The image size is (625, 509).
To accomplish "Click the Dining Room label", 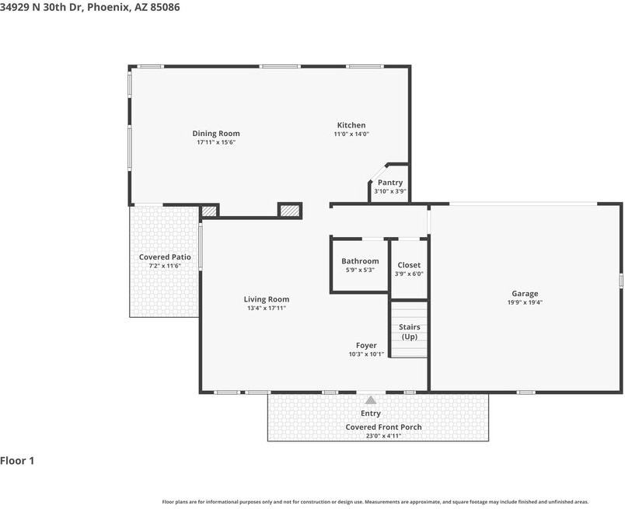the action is (x=216, y=134).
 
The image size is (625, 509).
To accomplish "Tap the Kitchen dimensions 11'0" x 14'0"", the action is (x=351, y=134).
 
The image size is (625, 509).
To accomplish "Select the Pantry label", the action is (x=389, y=183).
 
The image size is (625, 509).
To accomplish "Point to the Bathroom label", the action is (x=360, y=261).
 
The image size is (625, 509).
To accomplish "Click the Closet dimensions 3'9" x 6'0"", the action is (x=409, y=274).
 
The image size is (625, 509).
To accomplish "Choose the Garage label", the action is (x=525, y=294).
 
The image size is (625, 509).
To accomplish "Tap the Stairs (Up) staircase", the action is (x=409, y=329).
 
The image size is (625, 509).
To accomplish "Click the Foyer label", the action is (x=366, y=346).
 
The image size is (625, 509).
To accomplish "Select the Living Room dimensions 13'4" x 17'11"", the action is (x=267, y=308).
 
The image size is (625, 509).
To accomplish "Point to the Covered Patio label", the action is (x=165, y=257).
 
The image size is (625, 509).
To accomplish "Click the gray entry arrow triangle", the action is (x=371, y=399).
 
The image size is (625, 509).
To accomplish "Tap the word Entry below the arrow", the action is (x=371, y=413).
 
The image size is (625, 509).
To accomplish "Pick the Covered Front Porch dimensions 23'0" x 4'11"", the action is (x=383, y=436).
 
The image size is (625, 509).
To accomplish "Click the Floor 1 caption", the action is (x=17, y=461).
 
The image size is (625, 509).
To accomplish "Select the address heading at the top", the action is (x=89, y=7).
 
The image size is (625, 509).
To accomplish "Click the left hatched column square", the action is (x=209, y=211).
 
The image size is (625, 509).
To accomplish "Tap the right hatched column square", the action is (x=289, y=211).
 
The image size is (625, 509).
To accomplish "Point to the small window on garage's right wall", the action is (x=620, y=280).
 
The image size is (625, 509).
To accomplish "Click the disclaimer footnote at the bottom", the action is (x=375, y=502).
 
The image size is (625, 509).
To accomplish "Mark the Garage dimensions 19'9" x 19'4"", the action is (x=525, y=302).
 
